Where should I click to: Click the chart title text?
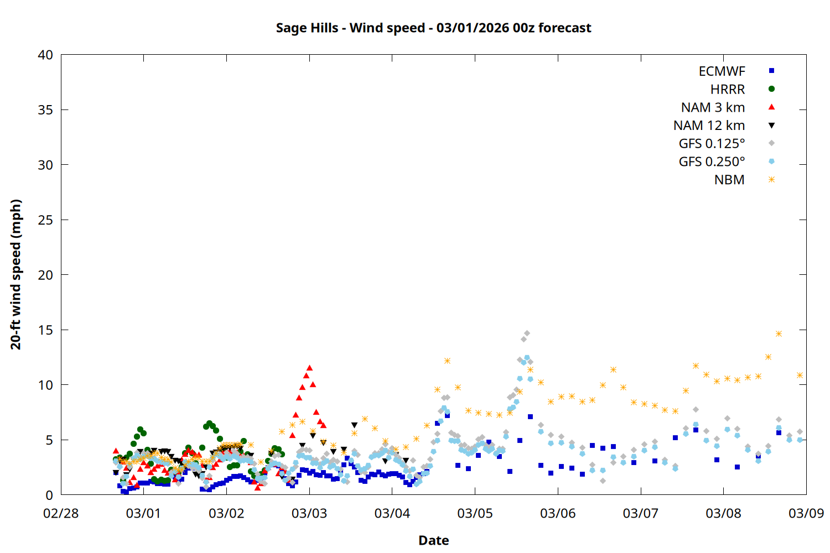pyautogui.click(x=433, y=28)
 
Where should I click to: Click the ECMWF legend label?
pyautogui.click(x=722, y=71)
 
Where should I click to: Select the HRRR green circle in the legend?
pyautogui.click(x=771, y=89)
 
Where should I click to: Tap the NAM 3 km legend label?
pyautogui.click(x=713, y=107)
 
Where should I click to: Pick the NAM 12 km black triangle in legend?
pyautogui.click(x=771, y=126)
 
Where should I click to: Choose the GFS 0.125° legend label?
pyautogui.click(x=712, y=144)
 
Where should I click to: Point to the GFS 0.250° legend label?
pyautogui.click(x=712, y=162)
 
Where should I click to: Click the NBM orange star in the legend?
pyautogui.click(x=771, y=180)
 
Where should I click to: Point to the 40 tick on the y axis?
pyautogui.click(x=45, y=55)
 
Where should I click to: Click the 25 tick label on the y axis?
pyautogui.click(x=45, y=220)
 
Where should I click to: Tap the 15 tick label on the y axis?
pyautogui.click(x=45, y=330)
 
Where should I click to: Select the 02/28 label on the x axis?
pyautogui.click(x=61, y=513)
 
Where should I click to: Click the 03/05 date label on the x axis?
pyautogui.click(x=475, y=513)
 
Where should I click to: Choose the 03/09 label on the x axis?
pyautogui.click(x=806, y=513)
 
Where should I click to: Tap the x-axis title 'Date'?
pyautogui.click(x=433, y=540)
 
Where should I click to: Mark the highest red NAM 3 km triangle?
pyautogui.click(x=309, y=368)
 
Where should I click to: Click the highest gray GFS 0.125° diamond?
pyautogui.click(x=527, y=333)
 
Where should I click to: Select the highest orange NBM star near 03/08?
pyautogui.click(x=779, y=334)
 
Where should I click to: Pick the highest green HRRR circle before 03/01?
pyautogui.click(x=140, y=430)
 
